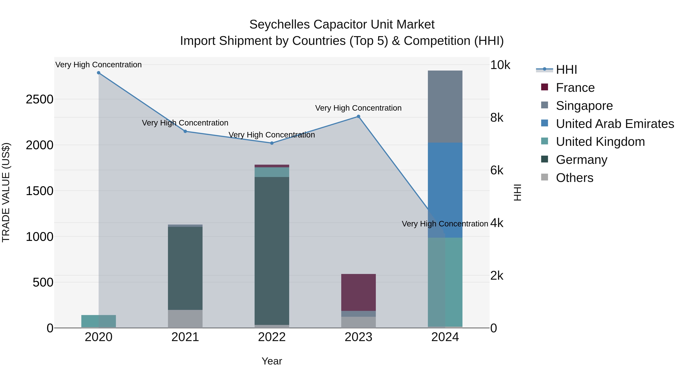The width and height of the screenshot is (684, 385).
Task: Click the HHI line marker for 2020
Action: tap(98, 73)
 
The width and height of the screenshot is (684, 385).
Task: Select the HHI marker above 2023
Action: tap(358, 116)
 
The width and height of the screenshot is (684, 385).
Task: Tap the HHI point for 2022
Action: tap(272, 143)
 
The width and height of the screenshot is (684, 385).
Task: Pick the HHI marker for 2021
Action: tap(185, 131)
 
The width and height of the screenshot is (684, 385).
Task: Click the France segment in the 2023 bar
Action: tap(358, 292)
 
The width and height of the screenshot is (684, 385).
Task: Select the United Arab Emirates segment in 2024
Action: tap(445, 190)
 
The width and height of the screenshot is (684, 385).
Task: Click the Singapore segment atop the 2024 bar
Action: tap(445, 106)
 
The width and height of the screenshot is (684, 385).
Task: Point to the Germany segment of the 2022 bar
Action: tap(272, 250)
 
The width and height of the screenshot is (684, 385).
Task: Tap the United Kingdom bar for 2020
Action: tap(98, 321)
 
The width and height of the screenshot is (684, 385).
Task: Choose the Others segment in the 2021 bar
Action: tap(185, 319)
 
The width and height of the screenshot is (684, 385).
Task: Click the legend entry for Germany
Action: tap(582, 160)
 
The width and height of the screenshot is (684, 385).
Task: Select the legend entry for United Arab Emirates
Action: tap(615, 124)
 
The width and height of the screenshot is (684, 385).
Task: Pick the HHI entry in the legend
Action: tap(566, 70)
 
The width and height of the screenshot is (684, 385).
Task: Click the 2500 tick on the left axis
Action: tap(40, 99)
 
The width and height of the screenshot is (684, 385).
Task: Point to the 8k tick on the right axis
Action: tap(496, 117)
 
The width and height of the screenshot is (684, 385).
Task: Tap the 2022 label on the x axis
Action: tap(272, 337)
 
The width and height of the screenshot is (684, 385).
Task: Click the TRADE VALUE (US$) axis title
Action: tap(6, 192)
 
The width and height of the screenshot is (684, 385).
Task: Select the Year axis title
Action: tap(272, 361)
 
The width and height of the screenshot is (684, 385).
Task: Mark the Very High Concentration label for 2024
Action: tap(445, 224)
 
